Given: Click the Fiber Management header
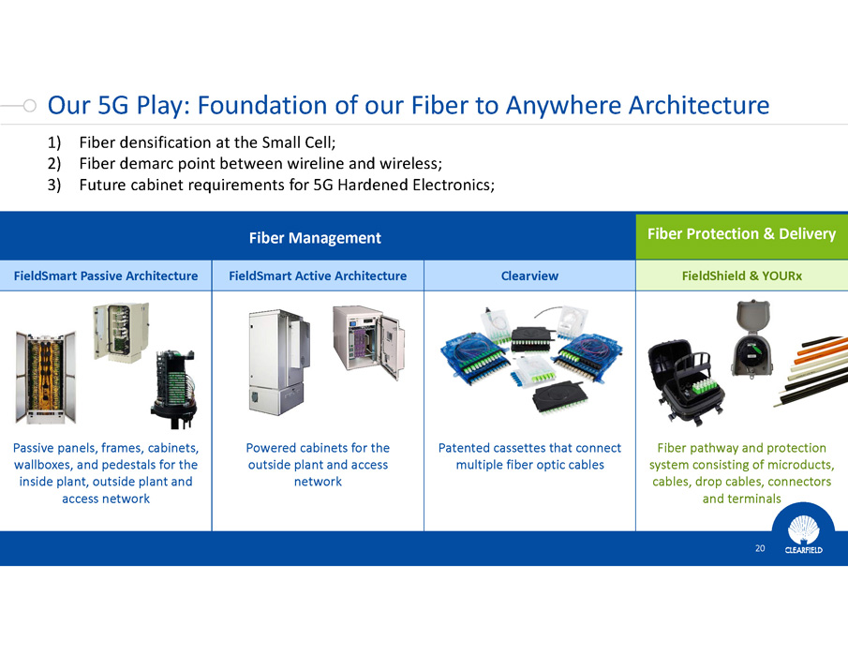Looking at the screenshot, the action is pos(315,238).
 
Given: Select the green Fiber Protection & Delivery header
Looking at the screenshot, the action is pos(741,234).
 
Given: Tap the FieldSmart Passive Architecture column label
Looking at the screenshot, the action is pos(106,275).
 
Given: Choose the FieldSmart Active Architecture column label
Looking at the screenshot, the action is pos(318,275).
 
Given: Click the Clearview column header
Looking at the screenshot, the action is pos(529,275).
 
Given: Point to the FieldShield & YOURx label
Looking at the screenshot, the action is pos(741,275).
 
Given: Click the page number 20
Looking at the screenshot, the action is pos(760,548).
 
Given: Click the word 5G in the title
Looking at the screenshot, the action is pos(113,105).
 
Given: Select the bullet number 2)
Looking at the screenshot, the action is pos(54,163).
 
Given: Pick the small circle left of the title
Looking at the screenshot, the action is pos(30,106).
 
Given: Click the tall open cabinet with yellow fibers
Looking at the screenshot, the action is pos(46,377).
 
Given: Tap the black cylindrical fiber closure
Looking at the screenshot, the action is pos(173,390).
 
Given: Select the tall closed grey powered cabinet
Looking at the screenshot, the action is pos(279,363).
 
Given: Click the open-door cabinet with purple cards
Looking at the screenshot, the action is pos(368,340).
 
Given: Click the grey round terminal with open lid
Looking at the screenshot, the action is pos(752,338).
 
